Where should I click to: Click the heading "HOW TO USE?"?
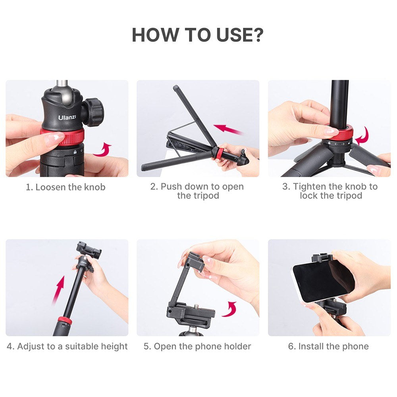[197, 35]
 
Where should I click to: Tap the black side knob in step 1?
[94, 112]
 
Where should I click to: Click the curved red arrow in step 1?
[102, 150]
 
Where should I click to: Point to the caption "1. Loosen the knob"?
[66, 187]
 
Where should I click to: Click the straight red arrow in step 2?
[228, 129]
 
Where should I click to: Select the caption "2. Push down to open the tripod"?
[197, 191]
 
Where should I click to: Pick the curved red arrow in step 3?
[362, 136]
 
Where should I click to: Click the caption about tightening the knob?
[330, 191]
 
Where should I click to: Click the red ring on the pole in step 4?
[64, 320]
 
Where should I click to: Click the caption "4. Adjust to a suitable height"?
[67, 346]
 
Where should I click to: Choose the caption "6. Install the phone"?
[328, 346]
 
